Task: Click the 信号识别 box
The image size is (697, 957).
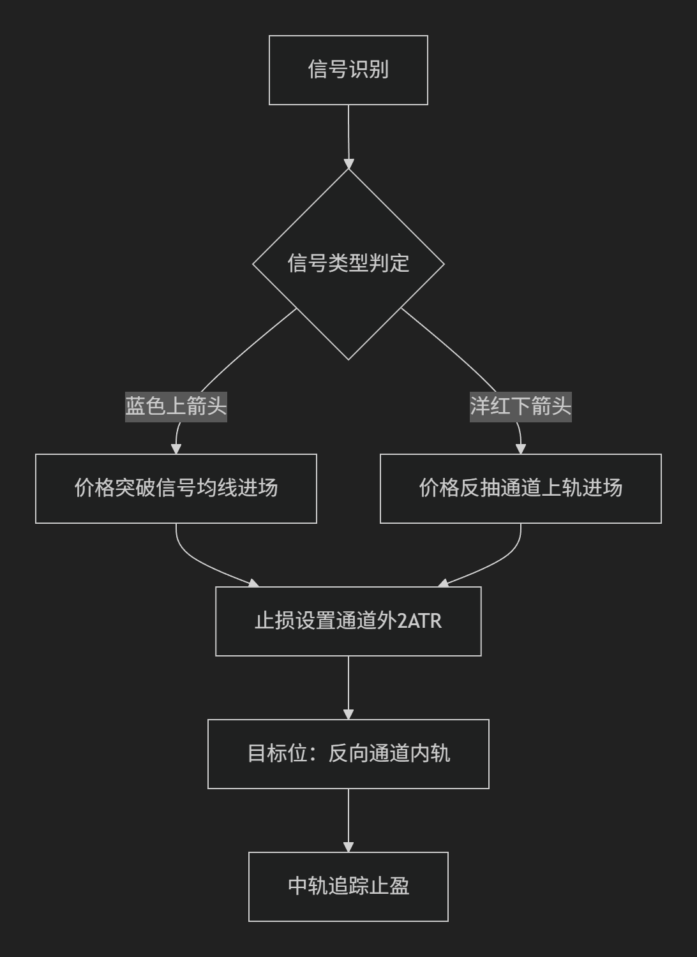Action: coord(348,70)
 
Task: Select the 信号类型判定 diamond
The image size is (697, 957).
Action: coord(348,264)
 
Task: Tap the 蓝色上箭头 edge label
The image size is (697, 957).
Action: coord(176,407)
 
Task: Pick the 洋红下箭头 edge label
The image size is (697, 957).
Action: coord(520,407)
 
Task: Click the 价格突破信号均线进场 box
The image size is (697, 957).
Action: coord(176,488)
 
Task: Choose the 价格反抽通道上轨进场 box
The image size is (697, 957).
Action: coord(520,488)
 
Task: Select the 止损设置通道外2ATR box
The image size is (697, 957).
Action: coord(348,621)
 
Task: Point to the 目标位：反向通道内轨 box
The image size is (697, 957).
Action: coord(348,754)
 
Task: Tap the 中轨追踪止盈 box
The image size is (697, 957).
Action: coord(348,887)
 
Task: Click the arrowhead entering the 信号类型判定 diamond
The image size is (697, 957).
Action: coord(348,164)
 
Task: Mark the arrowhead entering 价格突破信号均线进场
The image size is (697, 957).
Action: coord(176,449)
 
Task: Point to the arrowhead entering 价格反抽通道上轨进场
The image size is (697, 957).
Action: coord(520,449)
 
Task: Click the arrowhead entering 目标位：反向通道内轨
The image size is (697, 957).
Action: coord(348,715)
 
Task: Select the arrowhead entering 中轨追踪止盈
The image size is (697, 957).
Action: coord(348,848)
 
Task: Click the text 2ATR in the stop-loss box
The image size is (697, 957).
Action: coord(419,621)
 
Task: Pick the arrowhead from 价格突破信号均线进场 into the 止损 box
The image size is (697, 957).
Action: coord(254,584)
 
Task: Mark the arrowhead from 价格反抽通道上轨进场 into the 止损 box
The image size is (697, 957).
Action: coord(443,584)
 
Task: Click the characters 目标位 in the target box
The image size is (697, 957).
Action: coord(278,753)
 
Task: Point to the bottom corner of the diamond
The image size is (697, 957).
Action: coord(348,360)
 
